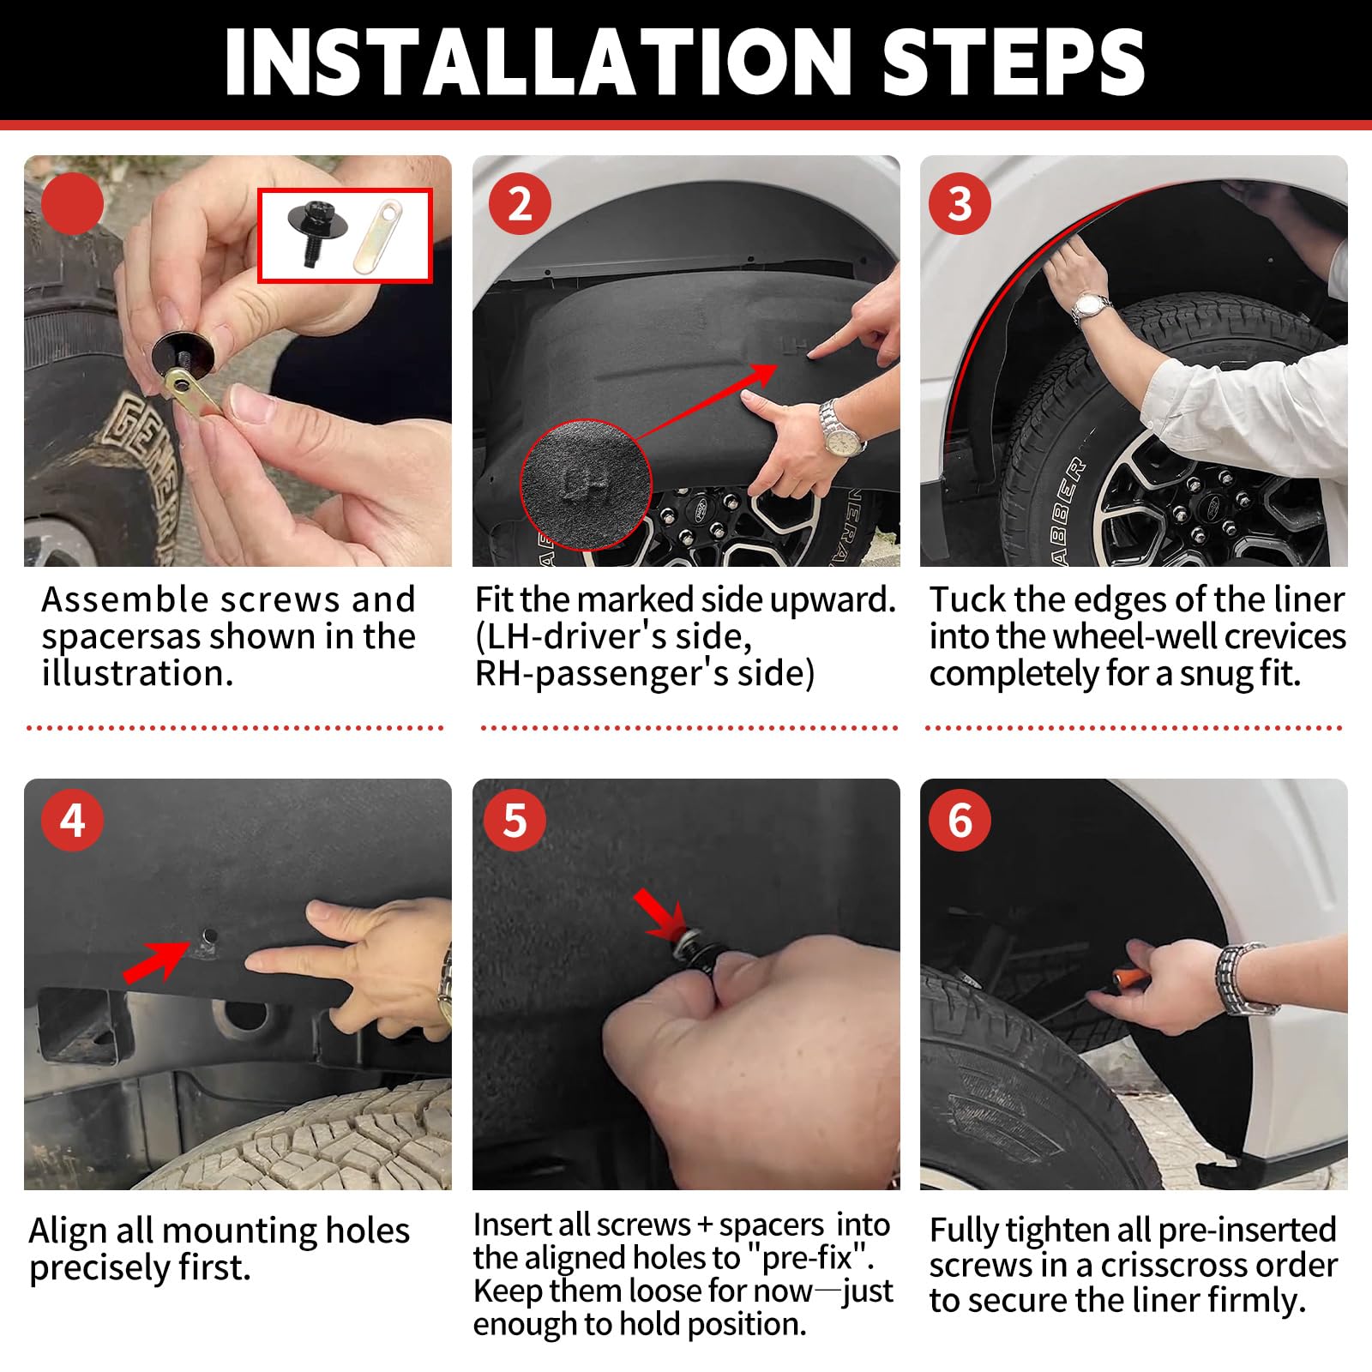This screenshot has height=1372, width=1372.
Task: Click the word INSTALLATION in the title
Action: coord(538,62)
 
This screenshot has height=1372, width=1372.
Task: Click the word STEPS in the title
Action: coord(1014,62)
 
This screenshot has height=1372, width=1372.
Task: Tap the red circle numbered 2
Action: coord(519,204)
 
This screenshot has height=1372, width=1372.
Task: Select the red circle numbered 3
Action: coord(960,204)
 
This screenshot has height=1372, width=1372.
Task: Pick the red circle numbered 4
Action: coord(72,821)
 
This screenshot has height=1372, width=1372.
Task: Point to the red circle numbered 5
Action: coord(514,821)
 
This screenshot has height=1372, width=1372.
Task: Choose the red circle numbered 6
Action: coord(960,821)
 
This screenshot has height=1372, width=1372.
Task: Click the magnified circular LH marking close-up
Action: coord(586,484)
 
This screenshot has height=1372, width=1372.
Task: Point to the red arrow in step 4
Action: coord(156,960)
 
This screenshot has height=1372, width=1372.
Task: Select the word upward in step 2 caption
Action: coord(833,599)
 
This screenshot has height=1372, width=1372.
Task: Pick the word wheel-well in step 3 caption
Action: coord(1134,636)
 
